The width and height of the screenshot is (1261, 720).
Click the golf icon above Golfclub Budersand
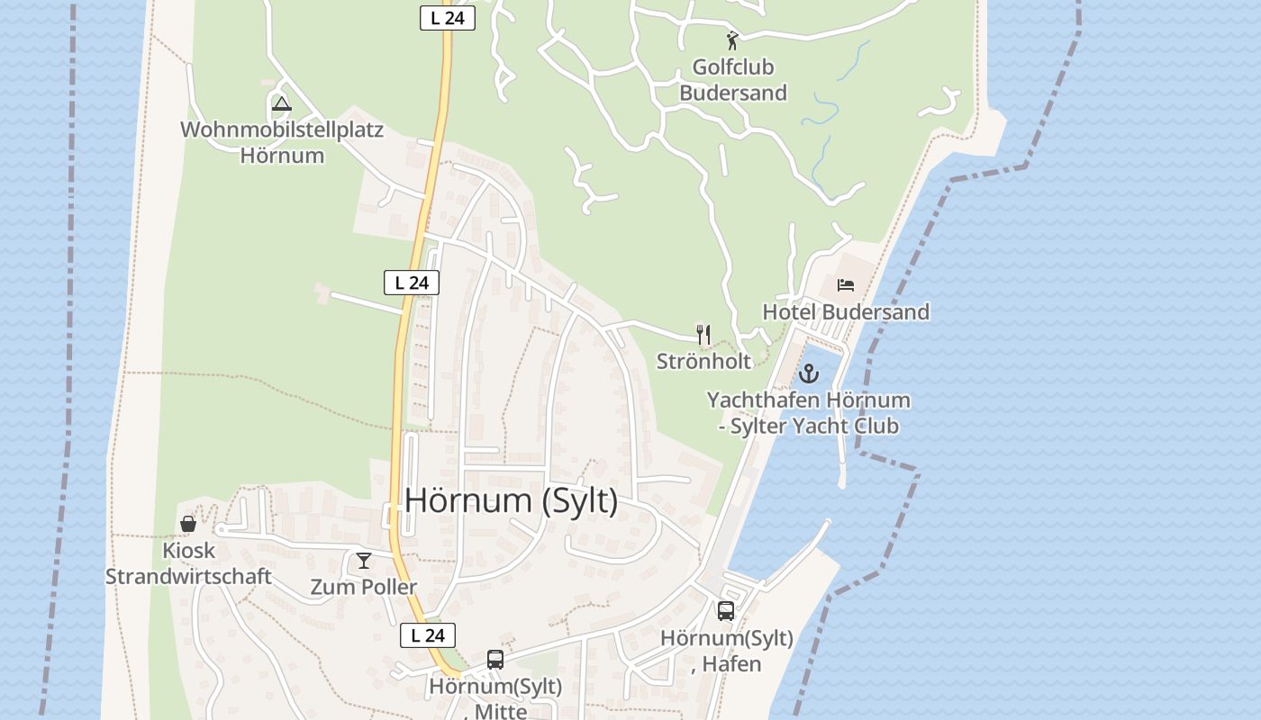tap(732, 40)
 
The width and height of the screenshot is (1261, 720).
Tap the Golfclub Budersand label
tap(733, 80)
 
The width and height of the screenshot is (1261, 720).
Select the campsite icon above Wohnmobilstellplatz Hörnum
tap(282, 103)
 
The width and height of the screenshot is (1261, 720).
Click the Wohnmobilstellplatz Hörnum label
tap(282, 142)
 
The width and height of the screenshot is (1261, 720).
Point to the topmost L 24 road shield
tap(448, 18)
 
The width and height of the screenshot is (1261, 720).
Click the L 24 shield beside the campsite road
tap(412, 283)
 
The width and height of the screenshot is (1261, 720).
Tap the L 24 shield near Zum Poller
tap(428, 635)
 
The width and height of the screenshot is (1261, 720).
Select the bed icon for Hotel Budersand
tap(846, 285)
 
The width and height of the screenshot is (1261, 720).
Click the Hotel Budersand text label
tap(846, 312)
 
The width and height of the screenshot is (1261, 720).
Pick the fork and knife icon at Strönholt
tap(703, 335)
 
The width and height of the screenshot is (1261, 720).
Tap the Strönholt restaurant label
tap(703, 362)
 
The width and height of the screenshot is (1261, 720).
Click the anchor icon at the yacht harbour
tap(810, 373)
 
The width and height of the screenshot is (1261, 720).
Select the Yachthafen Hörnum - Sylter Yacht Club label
tap(808, 413)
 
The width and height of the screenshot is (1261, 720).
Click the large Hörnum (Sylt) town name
tap(512, 501)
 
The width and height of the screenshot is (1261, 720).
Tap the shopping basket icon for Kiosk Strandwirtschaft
tap(188, 524)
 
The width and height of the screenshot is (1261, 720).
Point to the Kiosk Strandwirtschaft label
tap(188, 563)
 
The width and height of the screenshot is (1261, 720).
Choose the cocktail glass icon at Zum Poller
tap(364, 562)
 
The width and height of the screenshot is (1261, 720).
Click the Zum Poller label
tap(364, 588)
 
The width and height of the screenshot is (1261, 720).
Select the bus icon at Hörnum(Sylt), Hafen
tap(726, 611)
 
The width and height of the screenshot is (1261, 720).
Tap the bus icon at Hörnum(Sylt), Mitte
tap(495, 660)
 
